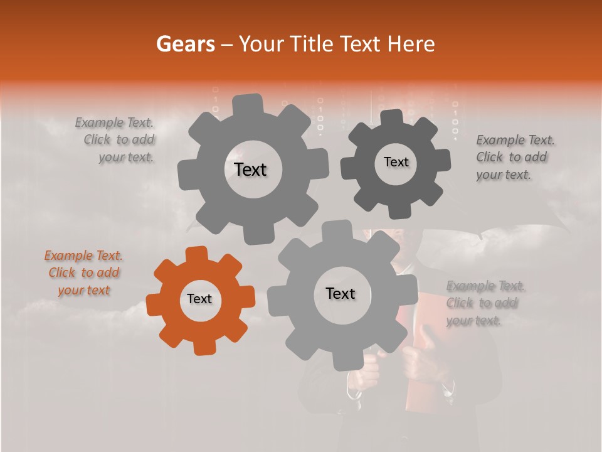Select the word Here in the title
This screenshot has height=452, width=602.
click(x=411, y=44)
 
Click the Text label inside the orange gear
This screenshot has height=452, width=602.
click(x=199, y=299)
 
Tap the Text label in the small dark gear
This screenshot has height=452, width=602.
click(x=396, y=162)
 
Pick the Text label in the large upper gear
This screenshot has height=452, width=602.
click(x=250, y=169)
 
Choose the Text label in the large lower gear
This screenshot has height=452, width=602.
click(x=341, y=293)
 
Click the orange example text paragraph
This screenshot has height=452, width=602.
click(x=83, y=273)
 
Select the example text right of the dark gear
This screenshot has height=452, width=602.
click(x=515, y=157)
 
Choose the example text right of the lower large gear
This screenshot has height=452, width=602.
click(x=485, y=303)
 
